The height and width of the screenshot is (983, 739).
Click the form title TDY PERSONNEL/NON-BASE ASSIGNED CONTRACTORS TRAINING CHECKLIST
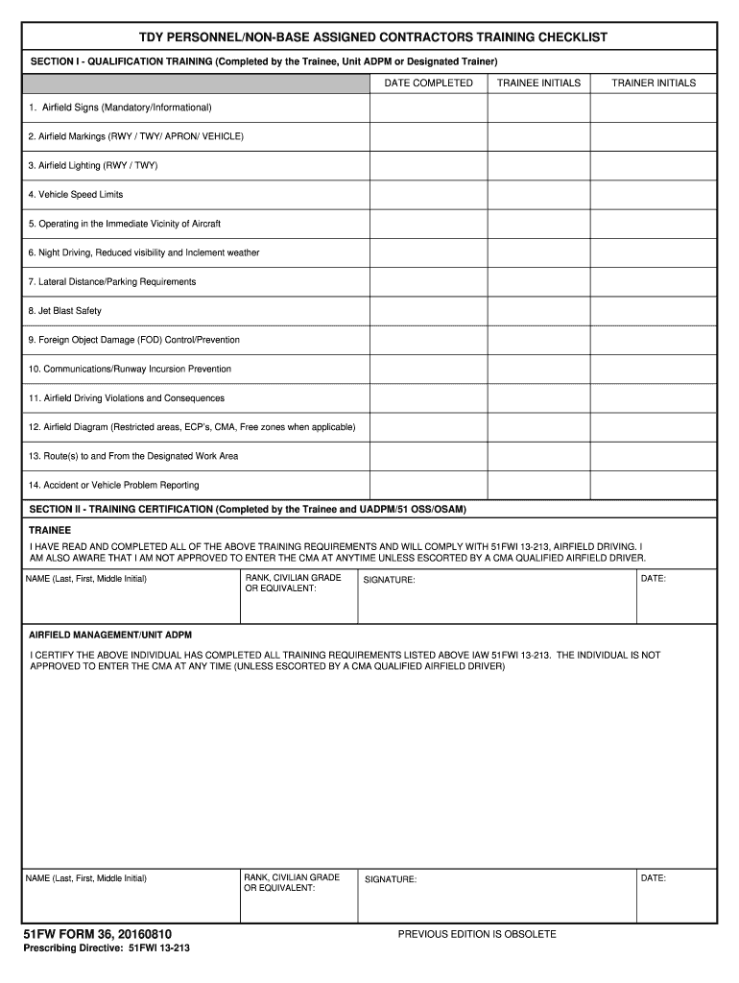click(372, 37)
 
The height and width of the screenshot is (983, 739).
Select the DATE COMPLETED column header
click(428, 84)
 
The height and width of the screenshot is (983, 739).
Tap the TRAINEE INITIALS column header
click(538, 84)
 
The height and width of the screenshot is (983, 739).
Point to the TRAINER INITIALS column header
click(654, 84)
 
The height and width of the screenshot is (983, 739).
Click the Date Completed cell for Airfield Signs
click(428, 108)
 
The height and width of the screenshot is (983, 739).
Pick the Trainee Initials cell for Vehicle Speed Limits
click(538, 195)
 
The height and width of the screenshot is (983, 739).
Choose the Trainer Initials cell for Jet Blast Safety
click(654, 311)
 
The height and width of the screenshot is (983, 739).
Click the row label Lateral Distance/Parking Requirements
click(112, 282)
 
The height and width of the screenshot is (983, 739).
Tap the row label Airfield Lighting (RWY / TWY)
click(93, 166)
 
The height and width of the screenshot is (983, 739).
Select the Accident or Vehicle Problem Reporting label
click(113, 486)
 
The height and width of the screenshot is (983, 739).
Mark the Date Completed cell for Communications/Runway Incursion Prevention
click(428, 370)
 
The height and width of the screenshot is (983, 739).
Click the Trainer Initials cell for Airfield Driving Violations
click(654, 398)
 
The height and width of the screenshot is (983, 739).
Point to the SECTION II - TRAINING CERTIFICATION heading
click(248, 510)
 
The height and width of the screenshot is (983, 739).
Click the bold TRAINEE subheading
click(50, 530)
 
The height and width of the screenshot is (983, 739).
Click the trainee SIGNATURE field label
click(390, 580)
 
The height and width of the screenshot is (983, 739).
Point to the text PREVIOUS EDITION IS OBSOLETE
click(477, 934)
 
